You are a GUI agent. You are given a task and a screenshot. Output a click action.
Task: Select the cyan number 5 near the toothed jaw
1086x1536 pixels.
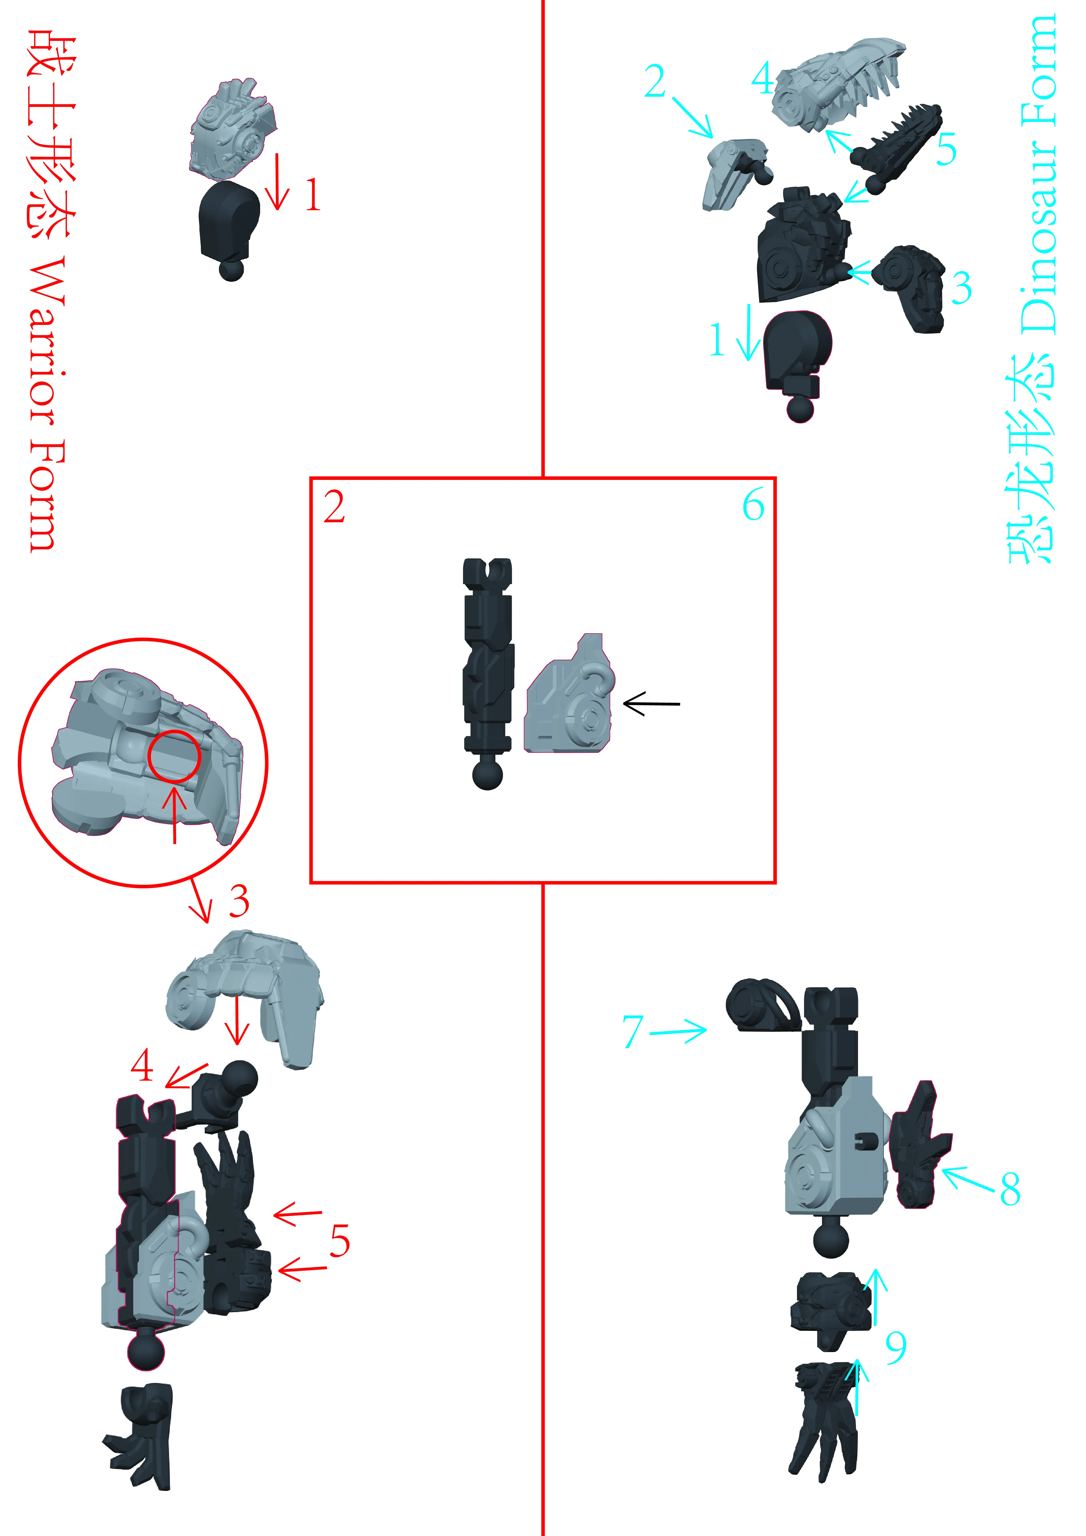(946, 149)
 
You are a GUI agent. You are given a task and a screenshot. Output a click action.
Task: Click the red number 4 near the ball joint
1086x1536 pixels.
(142, 1066)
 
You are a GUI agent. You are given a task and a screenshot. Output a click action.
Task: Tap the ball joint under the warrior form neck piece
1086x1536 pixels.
(232, 270)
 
